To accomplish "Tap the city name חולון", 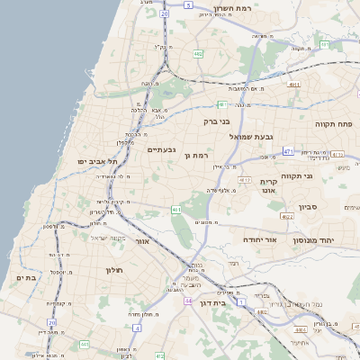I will pyautogui.click(x=113, y=269).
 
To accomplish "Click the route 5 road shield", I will pyautogui.click(x=187, y=4).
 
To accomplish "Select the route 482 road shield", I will pyautogui.click(x=197, y=54).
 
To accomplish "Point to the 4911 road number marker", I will pyautogui.click(x=292, y=83).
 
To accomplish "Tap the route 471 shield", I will pyautogui.click(x=288, y=152).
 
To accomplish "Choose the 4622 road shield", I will pyautogui.click(x=287, y=216).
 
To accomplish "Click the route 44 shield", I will pyautogui.click(x=187, y=301).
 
